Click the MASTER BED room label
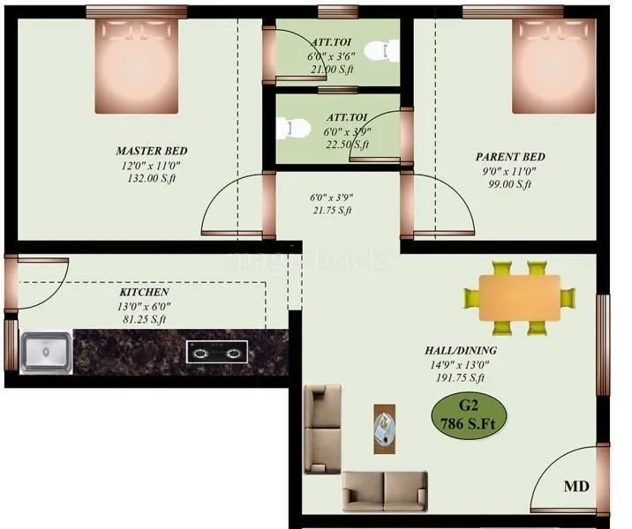pyautogui.click(x=152, y=151)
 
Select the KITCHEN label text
pyautogui.click(x=144, y=292)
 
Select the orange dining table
pyautogui.click(x=520, y=297)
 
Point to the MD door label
pyautogui.click(x=576, y=486)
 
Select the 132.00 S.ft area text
pyautogui.click(x=152, y=178)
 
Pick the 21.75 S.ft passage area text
pyautogui.click(x=331, y=211)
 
